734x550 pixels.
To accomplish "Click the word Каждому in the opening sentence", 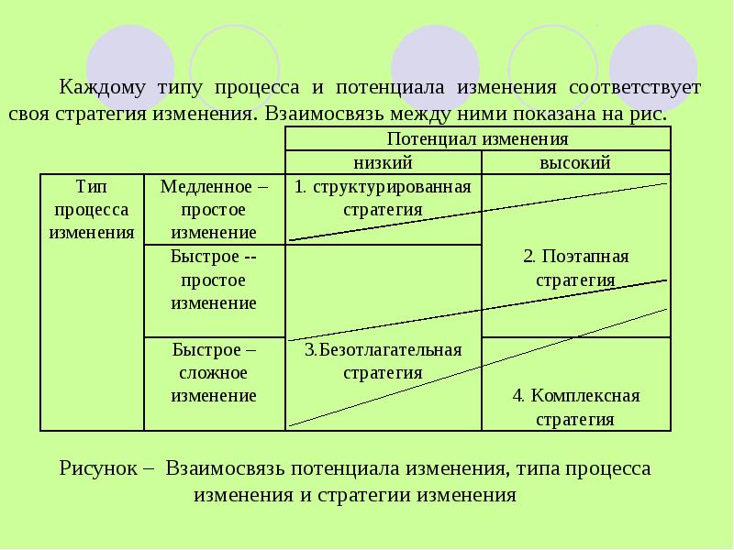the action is tap(98, 89).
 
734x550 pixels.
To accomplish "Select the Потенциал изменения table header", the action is tap(477, 139).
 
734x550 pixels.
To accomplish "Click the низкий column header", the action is tap(383, 162).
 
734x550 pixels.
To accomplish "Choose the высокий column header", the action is tap(575, 162).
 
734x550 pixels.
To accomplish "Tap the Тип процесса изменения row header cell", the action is tap(92, 209).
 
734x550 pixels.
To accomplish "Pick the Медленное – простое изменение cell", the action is tap(214, 209).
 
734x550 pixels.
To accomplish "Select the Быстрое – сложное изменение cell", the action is tap(214, 372).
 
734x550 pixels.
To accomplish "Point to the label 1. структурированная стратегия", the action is tap(383, 198).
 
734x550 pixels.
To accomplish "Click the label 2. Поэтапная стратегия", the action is tap(575, 267).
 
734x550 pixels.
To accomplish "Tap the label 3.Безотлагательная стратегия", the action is tap(383, 361).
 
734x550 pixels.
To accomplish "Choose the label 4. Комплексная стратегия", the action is tap(575, 408).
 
